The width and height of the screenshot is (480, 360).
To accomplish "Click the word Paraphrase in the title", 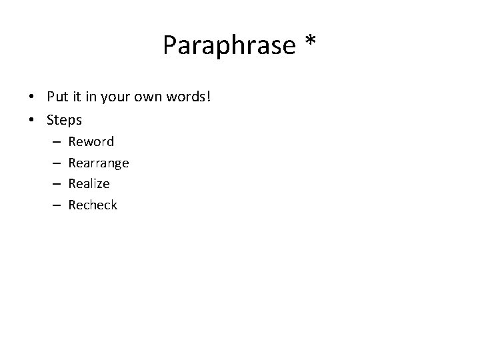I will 227,46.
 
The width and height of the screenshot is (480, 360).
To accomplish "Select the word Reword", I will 91,141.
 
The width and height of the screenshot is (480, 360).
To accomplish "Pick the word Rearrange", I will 99,163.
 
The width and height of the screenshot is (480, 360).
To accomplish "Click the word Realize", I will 89,183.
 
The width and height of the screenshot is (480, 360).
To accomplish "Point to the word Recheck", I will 93,205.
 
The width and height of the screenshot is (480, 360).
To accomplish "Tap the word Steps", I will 65,121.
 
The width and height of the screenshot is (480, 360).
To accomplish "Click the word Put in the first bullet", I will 57,97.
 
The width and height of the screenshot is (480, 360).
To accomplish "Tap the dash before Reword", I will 55,142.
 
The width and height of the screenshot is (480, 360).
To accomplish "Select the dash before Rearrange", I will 55,163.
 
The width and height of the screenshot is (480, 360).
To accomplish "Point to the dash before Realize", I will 55,184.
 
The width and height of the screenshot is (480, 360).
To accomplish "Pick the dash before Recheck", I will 55,205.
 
